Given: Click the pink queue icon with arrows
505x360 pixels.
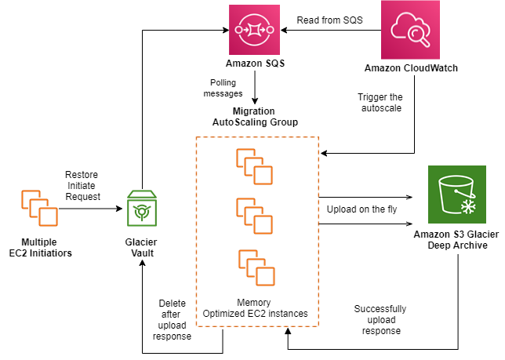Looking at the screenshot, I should (x=254, y=30).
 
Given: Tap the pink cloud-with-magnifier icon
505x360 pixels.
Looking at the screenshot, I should (x=410, y=30).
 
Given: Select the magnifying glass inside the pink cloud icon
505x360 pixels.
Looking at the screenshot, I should (x=419, y=35).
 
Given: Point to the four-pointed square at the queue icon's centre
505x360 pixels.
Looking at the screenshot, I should (x=254, y=30).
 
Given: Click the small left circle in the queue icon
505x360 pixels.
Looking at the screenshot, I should (x=238, y=30).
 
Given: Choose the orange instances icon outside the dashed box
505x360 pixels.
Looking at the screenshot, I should (x=39, y=208).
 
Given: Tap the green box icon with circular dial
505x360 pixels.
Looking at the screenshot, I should (x=142, y=208).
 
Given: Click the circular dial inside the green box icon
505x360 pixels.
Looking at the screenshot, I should (x=142, y=212).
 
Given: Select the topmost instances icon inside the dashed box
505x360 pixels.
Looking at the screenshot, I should (x=255, y=166).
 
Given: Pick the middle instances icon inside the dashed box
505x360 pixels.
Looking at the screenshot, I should (x=255, y=216).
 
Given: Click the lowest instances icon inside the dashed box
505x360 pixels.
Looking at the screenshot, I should (x=256, y=267).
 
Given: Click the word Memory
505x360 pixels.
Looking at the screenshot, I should (x=253, y=303).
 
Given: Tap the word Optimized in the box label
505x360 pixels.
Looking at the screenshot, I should (x=223, y=314).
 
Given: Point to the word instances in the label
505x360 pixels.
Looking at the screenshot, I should (x=288, y=314).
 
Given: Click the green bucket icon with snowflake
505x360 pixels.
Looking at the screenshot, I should (x=457, y=195).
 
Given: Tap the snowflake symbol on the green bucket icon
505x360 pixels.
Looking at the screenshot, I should (x=468, y=206).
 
